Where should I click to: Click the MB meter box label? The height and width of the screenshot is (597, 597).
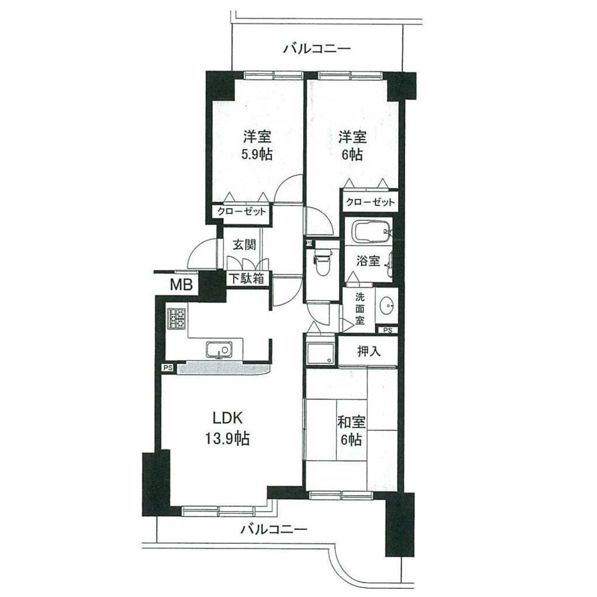[181, 285]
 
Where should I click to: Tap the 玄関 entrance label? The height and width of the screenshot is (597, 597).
[244, 244]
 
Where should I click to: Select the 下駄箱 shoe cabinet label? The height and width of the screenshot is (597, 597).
[246, 279]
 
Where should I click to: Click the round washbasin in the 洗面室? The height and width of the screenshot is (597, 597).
[388, 305]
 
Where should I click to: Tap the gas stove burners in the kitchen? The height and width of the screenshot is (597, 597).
[176, 319]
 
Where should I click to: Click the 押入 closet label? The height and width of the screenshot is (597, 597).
[368, 351]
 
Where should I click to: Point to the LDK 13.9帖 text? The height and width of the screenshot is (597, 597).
[228, 429]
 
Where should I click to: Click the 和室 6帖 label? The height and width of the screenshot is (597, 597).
[352, 431]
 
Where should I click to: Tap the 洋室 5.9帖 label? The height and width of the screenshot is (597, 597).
[257, 145]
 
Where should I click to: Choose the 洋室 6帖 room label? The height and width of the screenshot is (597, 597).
[352, 145]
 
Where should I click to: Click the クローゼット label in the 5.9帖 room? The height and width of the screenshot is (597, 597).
[241, 211]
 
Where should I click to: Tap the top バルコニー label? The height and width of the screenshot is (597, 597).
[317, 49]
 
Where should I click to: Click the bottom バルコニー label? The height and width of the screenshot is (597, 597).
[274, 529]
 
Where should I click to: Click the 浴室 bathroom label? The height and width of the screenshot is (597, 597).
[368, 261]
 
